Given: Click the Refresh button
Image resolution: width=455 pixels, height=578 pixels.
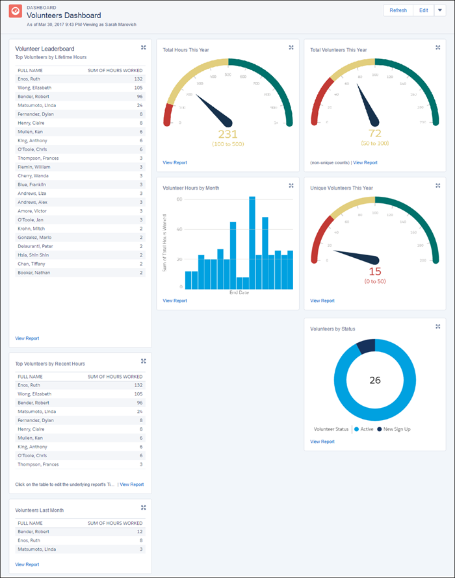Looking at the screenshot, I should (x=398, y=10).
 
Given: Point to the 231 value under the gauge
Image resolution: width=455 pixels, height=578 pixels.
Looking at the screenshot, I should (x=227, y=134).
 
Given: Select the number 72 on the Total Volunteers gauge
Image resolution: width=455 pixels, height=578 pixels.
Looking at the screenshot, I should (x=374, y=134).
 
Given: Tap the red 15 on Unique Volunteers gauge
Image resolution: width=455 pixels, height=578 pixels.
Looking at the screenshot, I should (x=375, y=271).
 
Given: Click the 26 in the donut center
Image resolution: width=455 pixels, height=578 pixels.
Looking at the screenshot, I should (x=375, y=380).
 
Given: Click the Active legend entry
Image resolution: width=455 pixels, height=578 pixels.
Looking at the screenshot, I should (x=365, y=429).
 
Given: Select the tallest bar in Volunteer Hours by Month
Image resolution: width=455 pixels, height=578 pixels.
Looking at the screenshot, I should (x=252, y=242).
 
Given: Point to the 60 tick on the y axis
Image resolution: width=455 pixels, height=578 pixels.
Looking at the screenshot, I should (x=179, y=199).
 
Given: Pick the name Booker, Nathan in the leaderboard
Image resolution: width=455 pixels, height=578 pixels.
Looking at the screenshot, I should (x=34, y=273).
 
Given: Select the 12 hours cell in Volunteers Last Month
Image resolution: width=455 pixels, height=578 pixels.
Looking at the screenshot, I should (x=139, y=531).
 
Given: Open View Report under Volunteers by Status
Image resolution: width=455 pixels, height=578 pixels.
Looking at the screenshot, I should (x=322, y=442).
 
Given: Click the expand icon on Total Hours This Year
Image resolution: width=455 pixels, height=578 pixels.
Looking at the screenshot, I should (x=291, y=47).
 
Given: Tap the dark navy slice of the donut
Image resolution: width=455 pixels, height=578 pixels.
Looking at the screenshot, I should (x=367, y=347).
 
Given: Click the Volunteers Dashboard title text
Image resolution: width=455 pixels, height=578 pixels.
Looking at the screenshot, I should (x=64, y=15).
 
